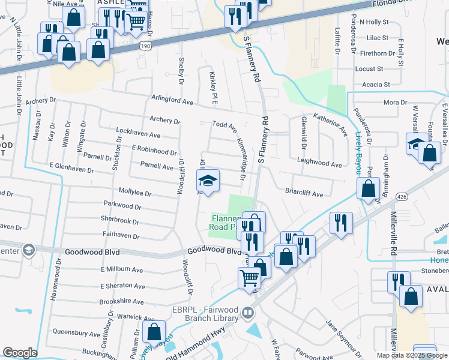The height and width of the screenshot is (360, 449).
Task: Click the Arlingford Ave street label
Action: tap(172, 100)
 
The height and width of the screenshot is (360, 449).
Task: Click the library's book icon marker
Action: tap(247, 313)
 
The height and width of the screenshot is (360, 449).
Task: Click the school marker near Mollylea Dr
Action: tap(208, 181)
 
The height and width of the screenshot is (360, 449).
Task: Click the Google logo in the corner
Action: tap(20, 353)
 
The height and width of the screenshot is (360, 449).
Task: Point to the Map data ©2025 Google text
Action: tap(412, 355)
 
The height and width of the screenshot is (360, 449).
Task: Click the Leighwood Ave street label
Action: tap(319, 164)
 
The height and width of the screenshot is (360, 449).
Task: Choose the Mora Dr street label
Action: tap(395, 103)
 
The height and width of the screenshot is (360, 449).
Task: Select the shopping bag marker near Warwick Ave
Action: tap(154, 332)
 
